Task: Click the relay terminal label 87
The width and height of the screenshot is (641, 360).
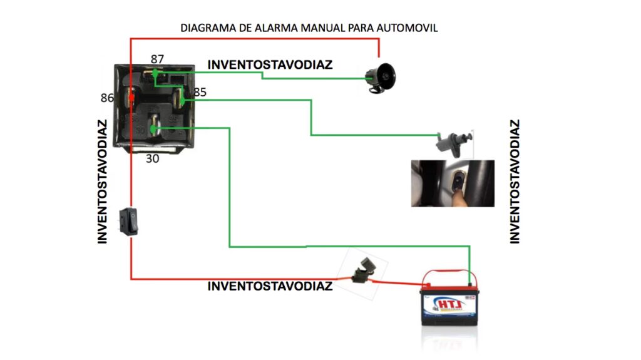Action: (157, 59)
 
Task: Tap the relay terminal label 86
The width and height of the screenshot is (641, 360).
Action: (107, 98)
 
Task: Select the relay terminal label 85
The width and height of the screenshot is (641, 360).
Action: (200, 93)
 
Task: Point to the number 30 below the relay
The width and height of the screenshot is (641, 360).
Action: (152, 159)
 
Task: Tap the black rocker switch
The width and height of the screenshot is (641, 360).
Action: (129, 222)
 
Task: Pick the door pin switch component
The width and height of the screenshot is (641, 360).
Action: (454, 143)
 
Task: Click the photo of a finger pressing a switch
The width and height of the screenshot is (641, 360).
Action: (453, 183)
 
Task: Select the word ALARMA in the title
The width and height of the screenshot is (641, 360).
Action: (264, 28)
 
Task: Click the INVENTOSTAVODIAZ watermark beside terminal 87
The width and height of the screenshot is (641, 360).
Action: (270, 64)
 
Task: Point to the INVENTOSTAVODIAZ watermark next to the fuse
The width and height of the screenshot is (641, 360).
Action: (270, 286)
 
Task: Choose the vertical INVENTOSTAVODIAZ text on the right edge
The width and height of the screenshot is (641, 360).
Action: (515, 182)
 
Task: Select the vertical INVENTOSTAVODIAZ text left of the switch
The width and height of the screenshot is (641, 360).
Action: (102, 182)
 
